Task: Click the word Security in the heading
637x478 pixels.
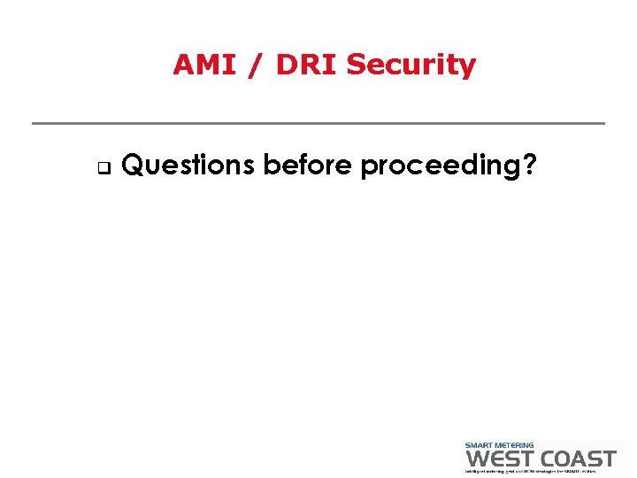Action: (411, 65)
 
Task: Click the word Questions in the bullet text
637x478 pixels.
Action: (188, 165)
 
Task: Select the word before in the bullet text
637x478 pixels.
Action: (309, 165)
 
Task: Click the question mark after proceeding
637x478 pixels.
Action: (529, 165)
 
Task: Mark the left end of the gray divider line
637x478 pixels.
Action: (34, 123)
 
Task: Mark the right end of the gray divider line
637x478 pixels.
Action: (603, 123)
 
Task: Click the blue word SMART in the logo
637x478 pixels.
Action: (482, 445)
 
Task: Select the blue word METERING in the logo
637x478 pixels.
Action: (517, 445)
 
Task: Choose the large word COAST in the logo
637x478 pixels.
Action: (576, 459)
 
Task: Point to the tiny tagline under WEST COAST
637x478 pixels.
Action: (541, 471)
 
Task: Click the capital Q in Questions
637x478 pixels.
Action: (132, 165)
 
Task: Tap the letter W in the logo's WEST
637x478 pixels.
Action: (477, 459)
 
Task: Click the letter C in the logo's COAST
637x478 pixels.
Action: (548, 459)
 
